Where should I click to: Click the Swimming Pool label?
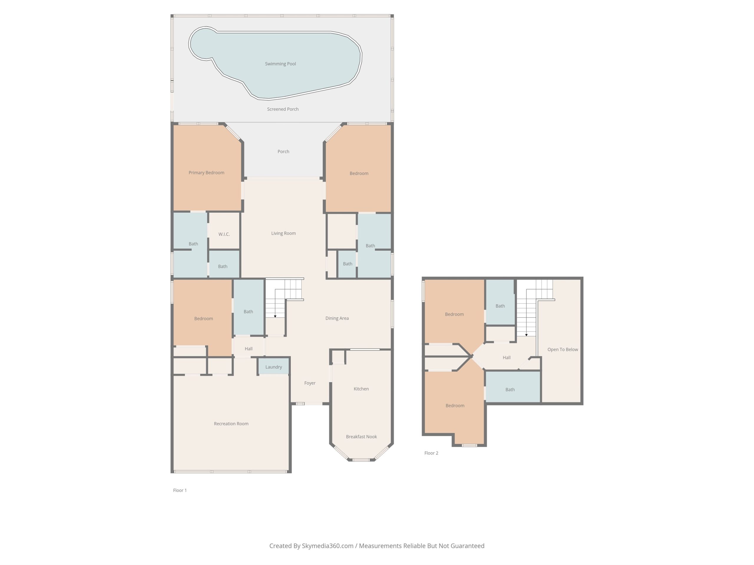point(280,64)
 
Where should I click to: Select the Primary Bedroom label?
point(206,173)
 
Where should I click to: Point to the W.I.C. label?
point(224,234)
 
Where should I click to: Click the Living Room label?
point(283,233)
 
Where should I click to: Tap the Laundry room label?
point(273,367)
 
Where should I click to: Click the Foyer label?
point(310,383)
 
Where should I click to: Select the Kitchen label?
point(361,389)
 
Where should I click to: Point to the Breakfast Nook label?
point(361,436)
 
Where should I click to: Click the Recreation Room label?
point(231,423)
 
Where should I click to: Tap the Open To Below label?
point(563,349)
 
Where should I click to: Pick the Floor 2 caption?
point(431,453)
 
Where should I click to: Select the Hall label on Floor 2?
point(506,357)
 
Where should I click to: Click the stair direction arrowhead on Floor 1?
point(275,316)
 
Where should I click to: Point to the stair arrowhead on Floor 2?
point(526,335)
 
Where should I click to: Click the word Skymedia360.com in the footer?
point(328,546)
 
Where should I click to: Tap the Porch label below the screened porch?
point(283,151)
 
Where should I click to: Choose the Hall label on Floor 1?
point(248,348)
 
